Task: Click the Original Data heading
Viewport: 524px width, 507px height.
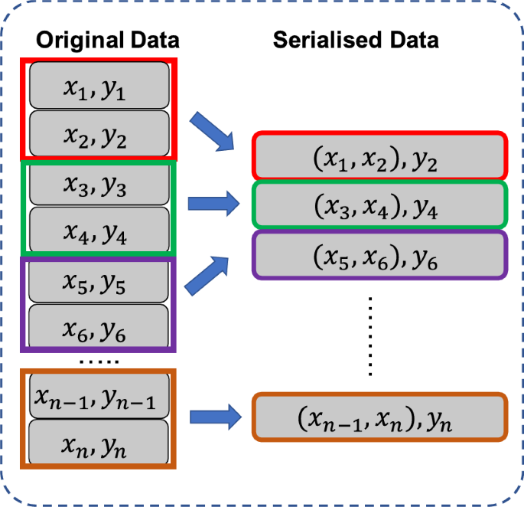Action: tap(108, 40)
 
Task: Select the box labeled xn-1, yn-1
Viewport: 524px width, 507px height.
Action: tap(99, 397)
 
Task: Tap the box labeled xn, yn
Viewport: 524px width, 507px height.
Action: tap(99, 443)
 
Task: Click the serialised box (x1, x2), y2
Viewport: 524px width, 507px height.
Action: tap(379, 157)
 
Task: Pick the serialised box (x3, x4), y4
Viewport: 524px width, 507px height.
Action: tap(379, 204)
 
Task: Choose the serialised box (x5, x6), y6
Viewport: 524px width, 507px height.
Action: tap(379, 255)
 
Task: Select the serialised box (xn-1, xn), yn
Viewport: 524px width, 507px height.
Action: tap(379, 417)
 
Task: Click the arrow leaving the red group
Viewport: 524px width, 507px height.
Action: tap(215, 131)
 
